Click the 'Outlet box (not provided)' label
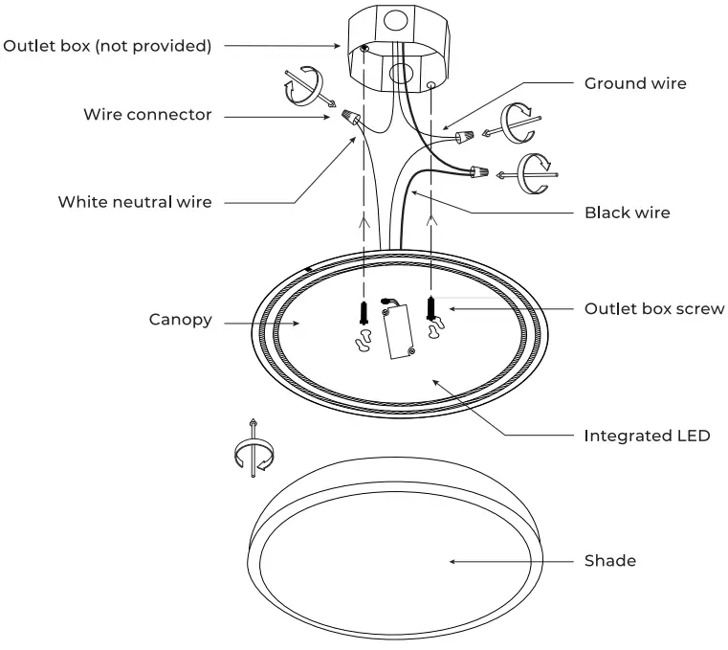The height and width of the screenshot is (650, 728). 107,45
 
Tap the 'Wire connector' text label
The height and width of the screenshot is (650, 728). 147,115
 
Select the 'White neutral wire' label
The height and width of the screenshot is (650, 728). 135,202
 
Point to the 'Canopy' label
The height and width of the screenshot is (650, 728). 180,320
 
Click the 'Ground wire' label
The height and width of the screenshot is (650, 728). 635,84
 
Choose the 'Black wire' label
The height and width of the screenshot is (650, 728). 627,213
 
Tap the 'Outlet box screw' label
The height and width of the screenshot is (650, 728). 654,309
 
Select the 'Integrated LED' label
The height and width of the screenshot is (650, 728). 647,436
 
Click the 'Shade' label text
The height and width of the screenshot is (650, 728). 609,561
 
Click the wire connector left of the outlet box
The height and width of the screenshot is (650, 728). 352,120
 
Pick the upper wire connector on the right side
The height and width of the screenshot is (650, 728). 467,139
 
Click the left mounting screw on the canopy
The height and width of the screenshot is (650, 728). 364,312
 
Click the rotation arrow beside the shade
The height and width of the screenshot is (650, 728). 252,450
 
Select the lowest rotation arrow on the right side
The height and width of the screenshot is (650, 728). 534,173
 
